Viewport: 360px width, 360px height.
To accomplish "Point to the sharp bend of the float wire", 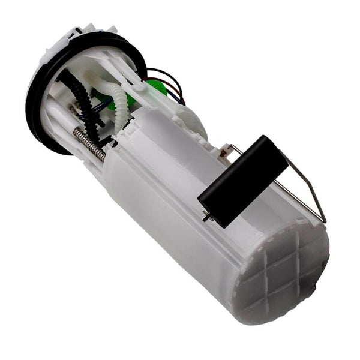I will tap(325, 221).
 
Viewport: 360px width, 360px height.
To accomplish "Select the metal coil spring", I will tap(90, 145).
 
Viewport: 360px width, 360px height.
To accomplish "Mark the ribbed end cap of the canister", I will tap(282, 273).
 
